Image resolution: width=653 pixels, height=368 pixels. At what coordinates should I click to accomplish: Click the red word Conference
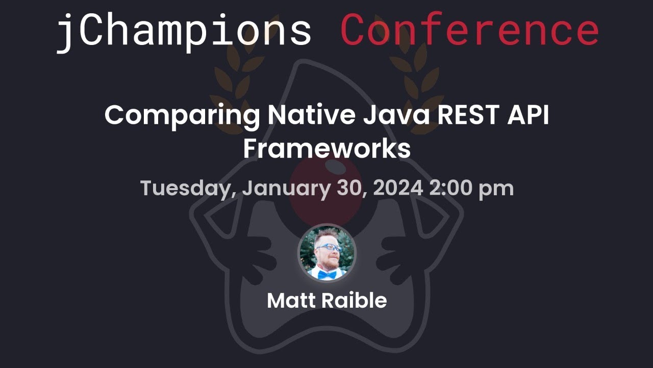pos(469,31)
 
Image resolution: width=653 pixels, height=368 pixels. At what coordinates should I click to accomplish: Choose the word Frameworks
pos(326,149)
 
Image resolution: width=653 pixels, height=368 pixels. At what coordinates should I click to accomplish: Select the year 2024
pos(398,188)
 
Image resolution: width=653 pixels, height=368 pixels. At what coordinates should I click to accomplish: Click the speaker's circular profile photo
pos(326,254)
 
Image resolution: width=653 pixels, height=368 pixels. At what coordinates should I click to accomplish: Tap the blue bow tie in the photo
pos(327,274)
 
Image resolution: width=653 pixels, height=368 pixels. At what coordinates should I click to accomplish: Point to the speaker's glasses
pos(329,248)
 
